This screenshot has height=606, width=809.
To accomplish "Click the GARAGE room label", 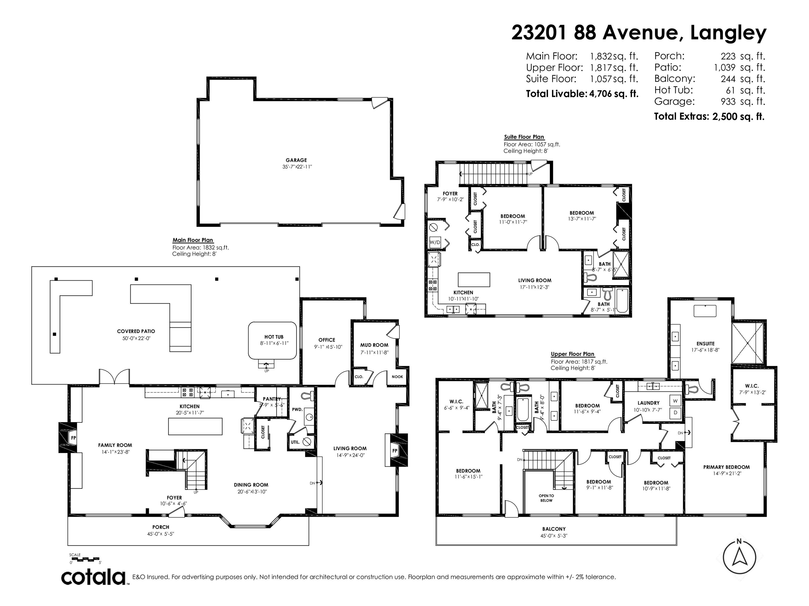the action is coord(296,160).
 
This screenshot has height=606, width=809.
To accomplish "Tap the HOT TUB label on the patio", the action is coord(274,337).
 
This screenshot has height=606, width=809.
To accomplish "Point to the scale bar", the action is coord(86,559).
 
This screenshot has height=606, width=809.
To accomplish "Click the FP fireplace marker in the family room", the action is coord(73,438).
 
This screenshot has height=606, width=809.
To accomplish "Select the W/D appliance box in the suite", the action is coord(435,242).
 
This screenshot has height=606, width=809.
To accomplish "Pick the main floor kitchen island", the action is coord(195,426).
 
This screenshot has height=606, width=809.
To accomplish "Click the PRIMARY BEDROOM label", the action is coord(726,467).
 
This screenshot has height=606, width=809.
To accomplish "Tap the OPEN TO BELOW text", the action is coord(546,498).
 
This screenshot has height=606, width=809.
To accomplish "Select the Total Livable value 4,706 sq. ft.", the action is coord(614,94).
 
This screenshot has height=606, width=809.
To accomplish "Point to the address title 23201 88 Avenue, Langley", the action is coord(639,33).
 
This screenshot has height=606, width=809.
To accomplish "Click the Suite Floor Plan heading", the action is coord(524,137).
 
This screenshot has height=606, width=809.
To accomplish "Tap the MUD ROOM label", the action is coord(374,345).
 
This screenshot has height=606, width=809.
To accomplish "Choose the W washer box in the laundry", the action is coord(675,401).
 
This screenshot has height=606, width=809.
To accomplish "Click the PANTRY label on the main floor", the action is coord(272,399).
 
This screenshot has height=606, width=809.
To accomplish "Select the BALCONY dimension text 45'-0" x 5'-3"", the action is coord(554,536).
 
